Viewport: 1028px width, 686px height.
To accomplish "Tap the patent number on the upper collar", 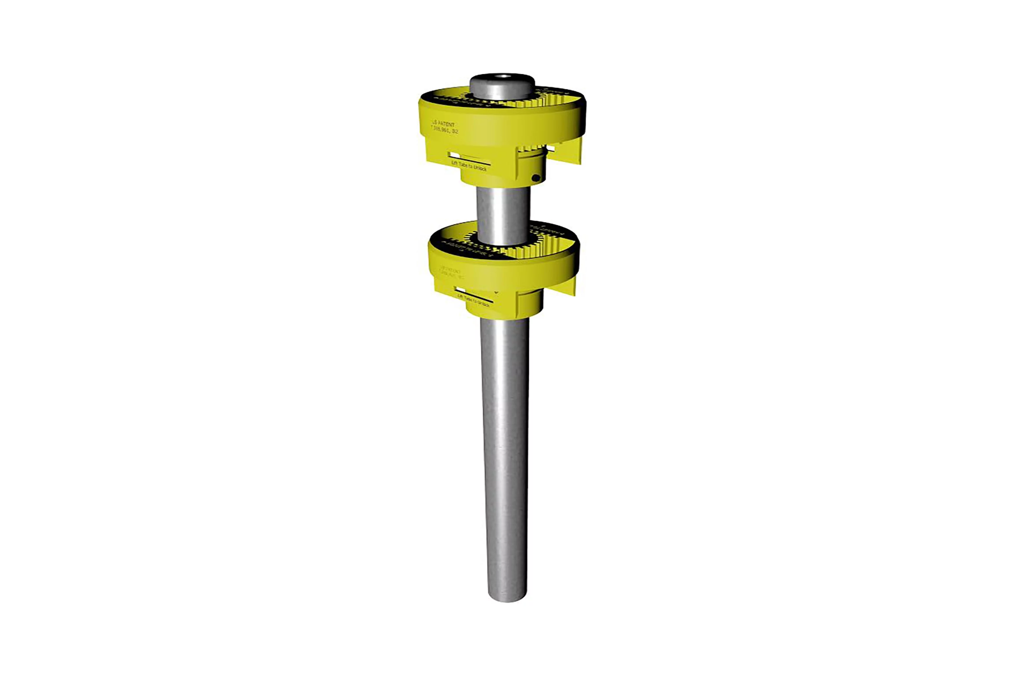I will point(445,130).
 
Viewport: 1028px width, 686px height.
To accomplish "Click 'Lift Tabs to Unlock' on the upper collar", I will point(469,165).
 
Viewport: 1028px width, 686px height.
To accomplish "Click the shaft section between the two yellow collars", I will point(503,214).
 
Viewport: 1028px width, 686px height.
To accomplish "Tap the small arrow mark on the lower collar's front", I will point(496,291).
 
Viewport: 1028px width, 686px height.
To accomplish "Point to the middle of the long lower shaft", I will point(505,455).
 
